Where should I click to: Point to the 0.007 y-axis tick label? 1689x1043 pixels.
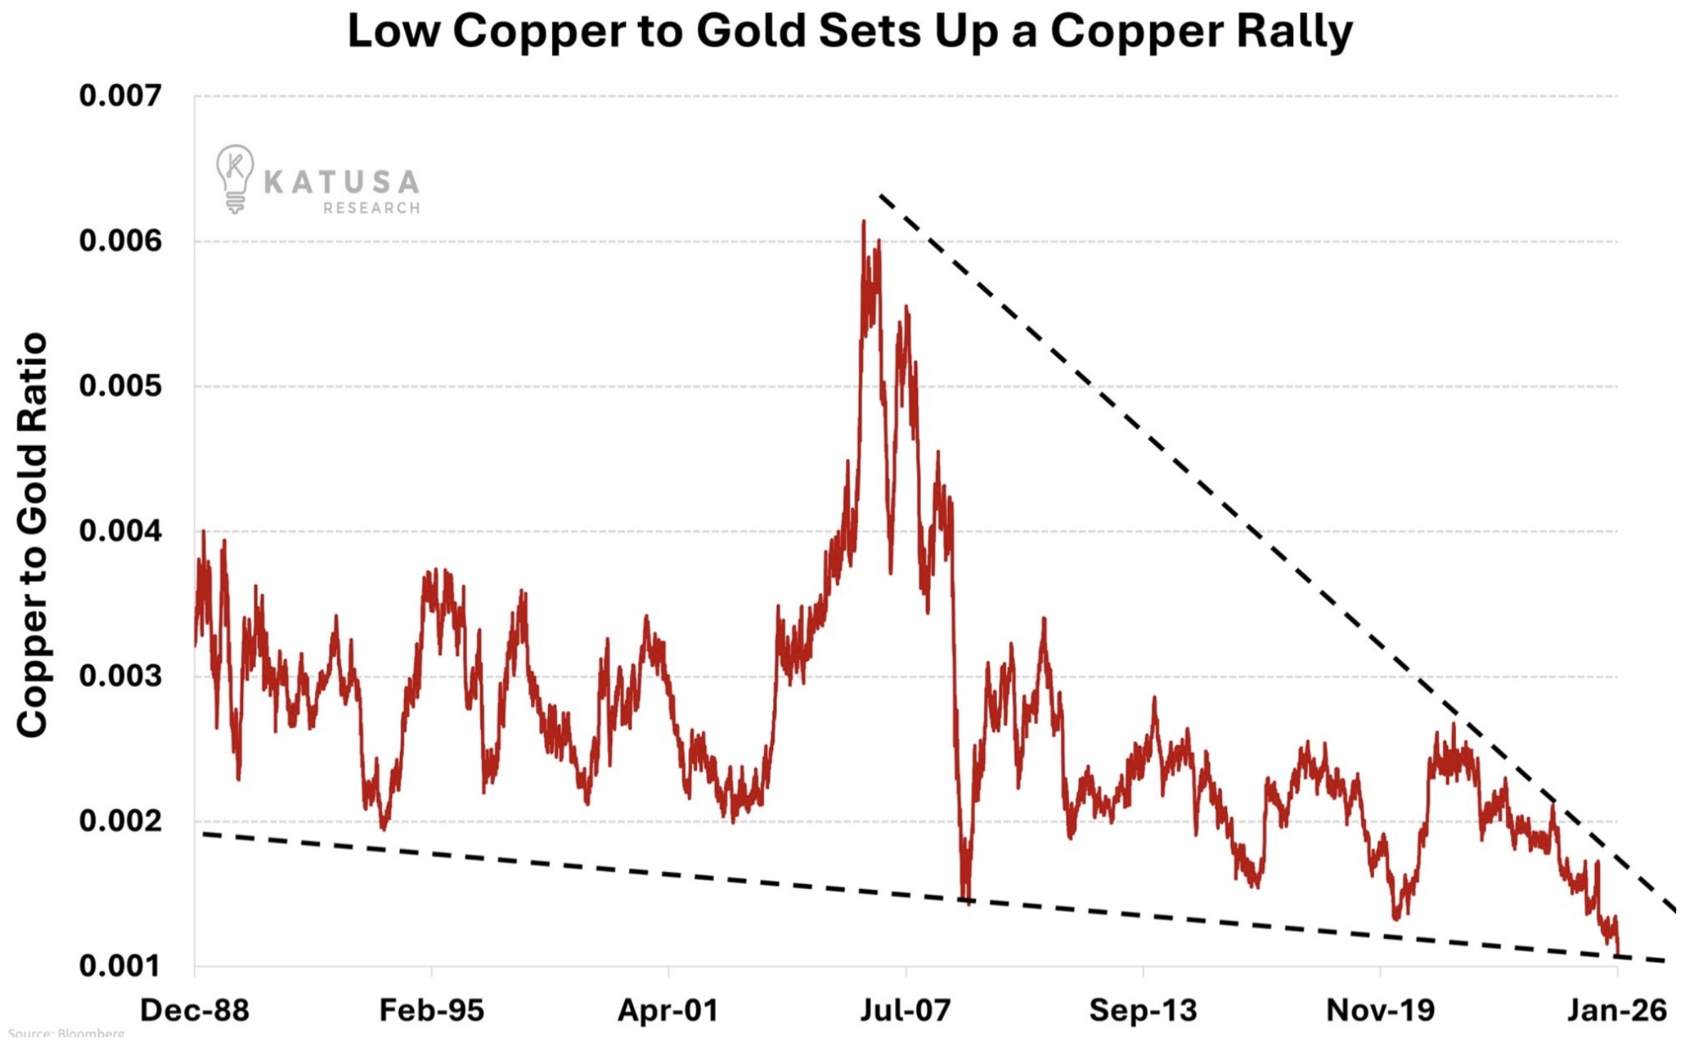(120, 95)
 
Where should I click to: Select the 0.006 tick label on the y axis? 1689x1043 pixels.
(120, 241)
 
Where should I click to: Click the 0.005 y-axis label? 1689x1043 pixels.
(120, 386)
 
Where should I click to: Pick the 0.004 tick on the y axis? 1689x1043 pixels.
(120, 531)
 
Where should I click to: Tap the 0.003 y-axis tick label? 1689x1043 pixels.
(120, 676)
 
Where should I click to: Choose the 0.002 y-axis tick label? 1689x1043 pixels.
(120, 821)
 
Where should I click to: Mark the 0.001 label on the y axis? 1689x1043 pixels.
(120, 966)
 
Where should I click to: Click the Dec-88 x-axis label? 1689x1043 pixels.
(195, 1010)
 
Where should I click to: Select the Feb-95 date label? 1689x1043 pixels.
(431, 1010)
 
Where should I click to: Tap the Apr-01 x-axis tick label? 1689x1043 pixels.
(668, 1010)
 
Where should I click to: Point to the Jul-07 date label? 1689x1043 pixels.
(905, 1010)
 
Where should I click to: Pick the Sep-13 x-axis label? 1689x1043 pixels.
(1142, 1010)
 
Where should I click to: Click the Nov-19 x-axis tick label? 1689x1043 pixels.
(1380, 1010)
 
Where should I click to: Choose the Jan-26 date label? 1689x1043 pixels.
(1616, 1010)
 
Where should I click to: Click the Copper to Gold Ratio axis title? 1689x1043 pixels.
(32, 534)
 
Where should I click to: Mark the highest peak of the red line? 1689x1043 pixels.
(864, 222)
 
